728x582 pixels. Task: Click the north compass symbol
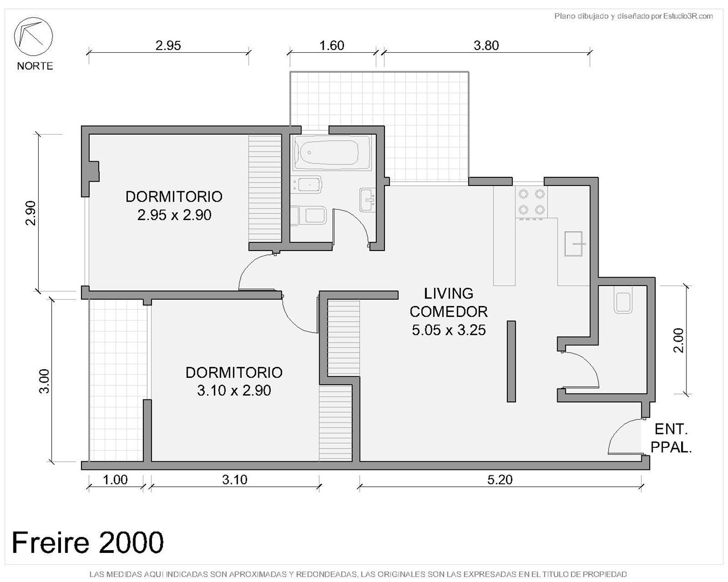tap(33, 37)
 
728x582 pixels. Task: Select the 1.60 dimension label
tap(332, 46)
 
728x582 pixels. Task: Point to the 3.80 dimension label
tap(486, 46)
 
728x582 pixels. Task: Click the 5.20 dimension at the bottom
tap(500, 480)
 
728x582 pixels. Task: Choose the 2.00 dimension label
tap(678, 340)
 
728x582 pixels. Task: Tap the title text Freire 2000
tap(87, 542)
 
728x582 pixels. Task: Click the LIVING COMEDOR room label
tap(449, 311)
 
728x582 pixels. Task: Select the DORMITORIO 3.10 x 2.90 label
tap(233, 382)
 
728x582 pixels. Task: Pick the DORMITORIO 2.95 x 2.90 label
tap(174, 206)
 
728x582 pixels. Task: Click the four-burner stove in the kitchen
tap(531, 202)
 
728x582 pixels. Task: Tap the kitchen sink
tap(573, 244)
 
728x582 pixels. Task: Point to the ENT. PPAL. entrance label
tap(671, 438)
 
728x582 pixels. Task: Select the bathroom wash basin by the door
tap(367, 200)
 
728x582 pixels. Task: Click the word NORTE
tap(35, 66)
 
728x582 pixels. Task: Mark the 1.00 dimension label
tap(115, 480)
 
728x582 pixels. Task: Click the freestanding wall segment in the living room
tap(511, 362)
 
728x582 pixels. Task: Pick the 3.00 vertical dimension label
tap(44, 381)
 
